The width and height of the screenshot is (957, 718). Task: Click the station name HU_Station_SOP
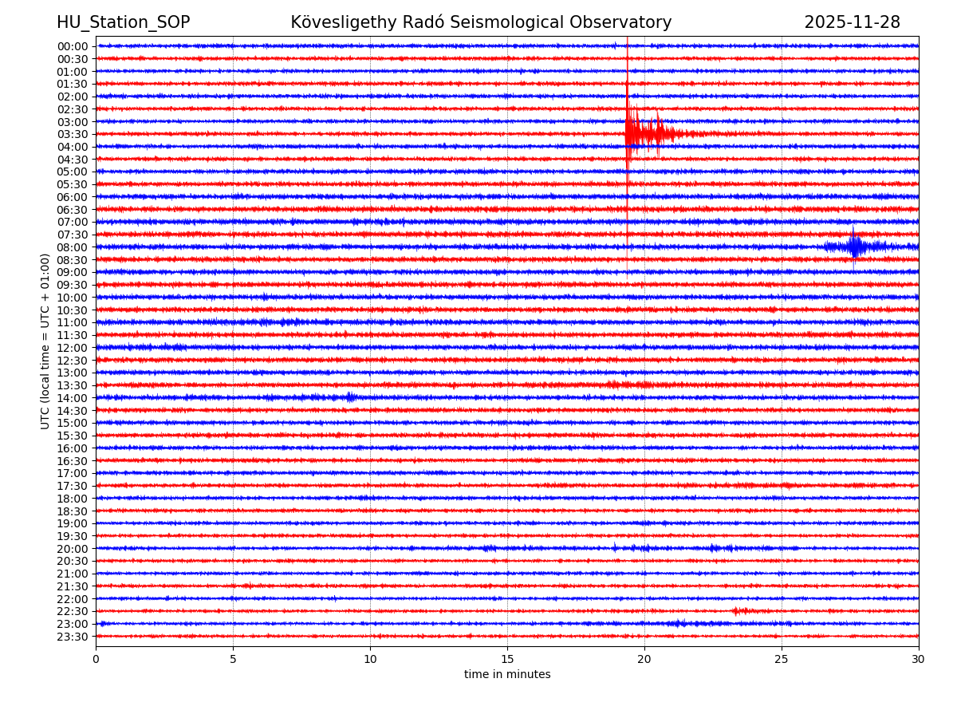click(x=123, y=22)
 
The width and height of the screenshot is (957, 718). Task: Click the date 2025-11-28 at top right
click(x=852, y=22)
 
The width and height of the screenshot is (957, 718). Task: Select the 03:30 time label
click(x=73, y=134)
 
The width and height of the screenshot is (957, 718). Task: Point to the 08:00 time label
click(x=73, y=247)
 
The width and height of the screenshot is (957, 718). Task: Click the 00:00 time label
click(x=73, y=46)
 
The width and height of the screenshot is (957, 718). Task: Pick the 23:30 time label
click(x=73, y=637)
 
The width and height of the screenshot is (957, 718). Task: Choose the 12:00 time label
click(x=73, y=348)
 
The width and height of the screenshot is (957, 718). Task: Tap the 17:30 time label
click(x=73, y=486)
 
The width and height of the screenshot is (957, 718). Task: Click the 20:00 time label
click(x=73, y=549)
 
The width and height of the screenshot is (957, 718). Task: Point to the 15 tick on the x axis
click(x=507, y=660)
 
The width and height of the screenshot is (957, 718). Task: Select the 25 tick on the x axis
click(x=782, y=660)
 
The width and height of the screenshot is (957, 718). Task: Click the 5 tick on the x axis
click(x=233, y=660)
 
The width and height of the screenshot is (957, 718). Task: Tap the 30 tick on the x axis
click(x=919, y=660)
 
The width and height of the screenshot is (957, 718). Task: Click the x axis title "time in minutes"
click(x=507, y=675)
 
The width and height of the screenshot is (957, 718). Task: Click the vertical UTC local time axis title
click(x=45, y=341)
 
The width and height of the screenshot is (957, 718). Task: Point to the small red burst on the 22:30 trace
click(x=738, y=611)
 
